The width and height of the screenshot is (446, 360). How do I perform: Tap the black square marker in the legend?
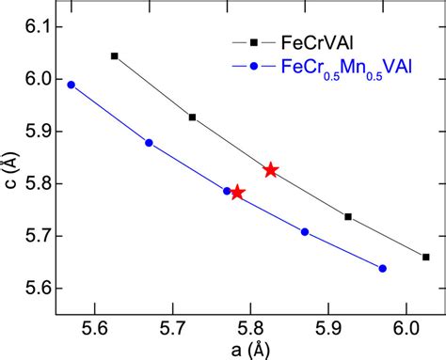coord(251,42)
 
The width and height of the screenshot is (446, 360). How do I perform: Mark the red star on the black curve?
coord(271,170)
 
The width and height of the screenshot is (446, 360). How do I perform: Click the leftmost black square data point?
coord(115,56)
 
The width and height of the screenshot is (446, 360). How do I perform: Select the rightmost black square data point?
coord(426,257)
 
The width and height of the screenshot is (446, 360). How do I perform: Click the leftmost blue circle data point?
coord(71,85)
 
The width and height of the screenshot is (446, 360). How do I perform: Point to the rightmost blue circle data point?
coord(382,268)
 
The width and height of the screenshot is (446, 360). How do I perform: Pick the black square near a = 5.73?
coord(193,117)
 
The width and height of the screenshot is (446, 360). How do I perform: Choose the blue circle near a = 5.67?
coord(149,143)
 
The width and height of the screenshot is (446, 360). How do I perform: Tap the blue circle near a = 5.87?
coord(305,231)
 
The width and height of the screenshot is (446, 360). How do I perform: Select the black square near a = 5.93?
coord(348,217)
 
